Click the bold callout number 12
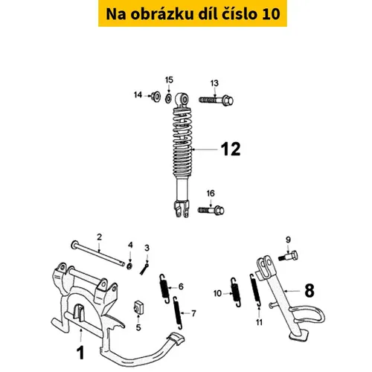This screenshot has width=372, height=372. [231, 149]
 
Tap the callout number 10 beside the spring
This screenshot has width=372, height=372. [217, 293]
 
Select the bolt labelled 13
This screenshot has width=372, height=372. [216, 100]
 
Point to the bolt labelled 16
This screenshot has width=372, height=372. [211, 211]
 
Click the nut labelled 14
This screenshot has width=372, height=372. [156, 97]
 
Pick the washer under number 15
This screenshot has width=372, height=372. [168, 98]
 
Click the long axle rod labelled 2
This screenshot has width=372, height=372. [98, 254]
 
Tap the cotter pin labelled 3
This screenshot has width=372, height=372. [144, 269]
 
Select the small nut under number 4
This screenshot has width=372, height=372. [129, 266]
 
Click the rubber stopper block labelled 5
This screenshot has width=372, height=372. [138, 307]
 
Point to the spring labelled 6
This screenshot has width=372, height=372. [164, 289]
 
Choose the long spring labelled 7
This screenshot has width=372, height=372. [178, 312]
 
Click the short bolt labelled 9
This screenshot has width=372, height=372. [289, 255]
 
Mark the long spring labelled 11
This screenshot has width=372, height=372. [255, 290]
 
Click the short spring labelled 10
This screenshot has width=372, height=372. [236, 292]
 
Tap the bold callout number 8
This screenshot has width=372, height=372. [310, 290]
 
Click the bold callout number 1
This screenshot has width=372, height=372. [80, 353]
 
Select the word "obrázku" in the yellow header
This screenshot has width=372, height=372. [162, 13]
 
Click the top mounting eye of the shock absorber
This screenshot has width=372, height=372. [182, 100]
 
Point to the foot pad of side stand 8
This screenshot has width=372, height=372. [299, 336]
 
